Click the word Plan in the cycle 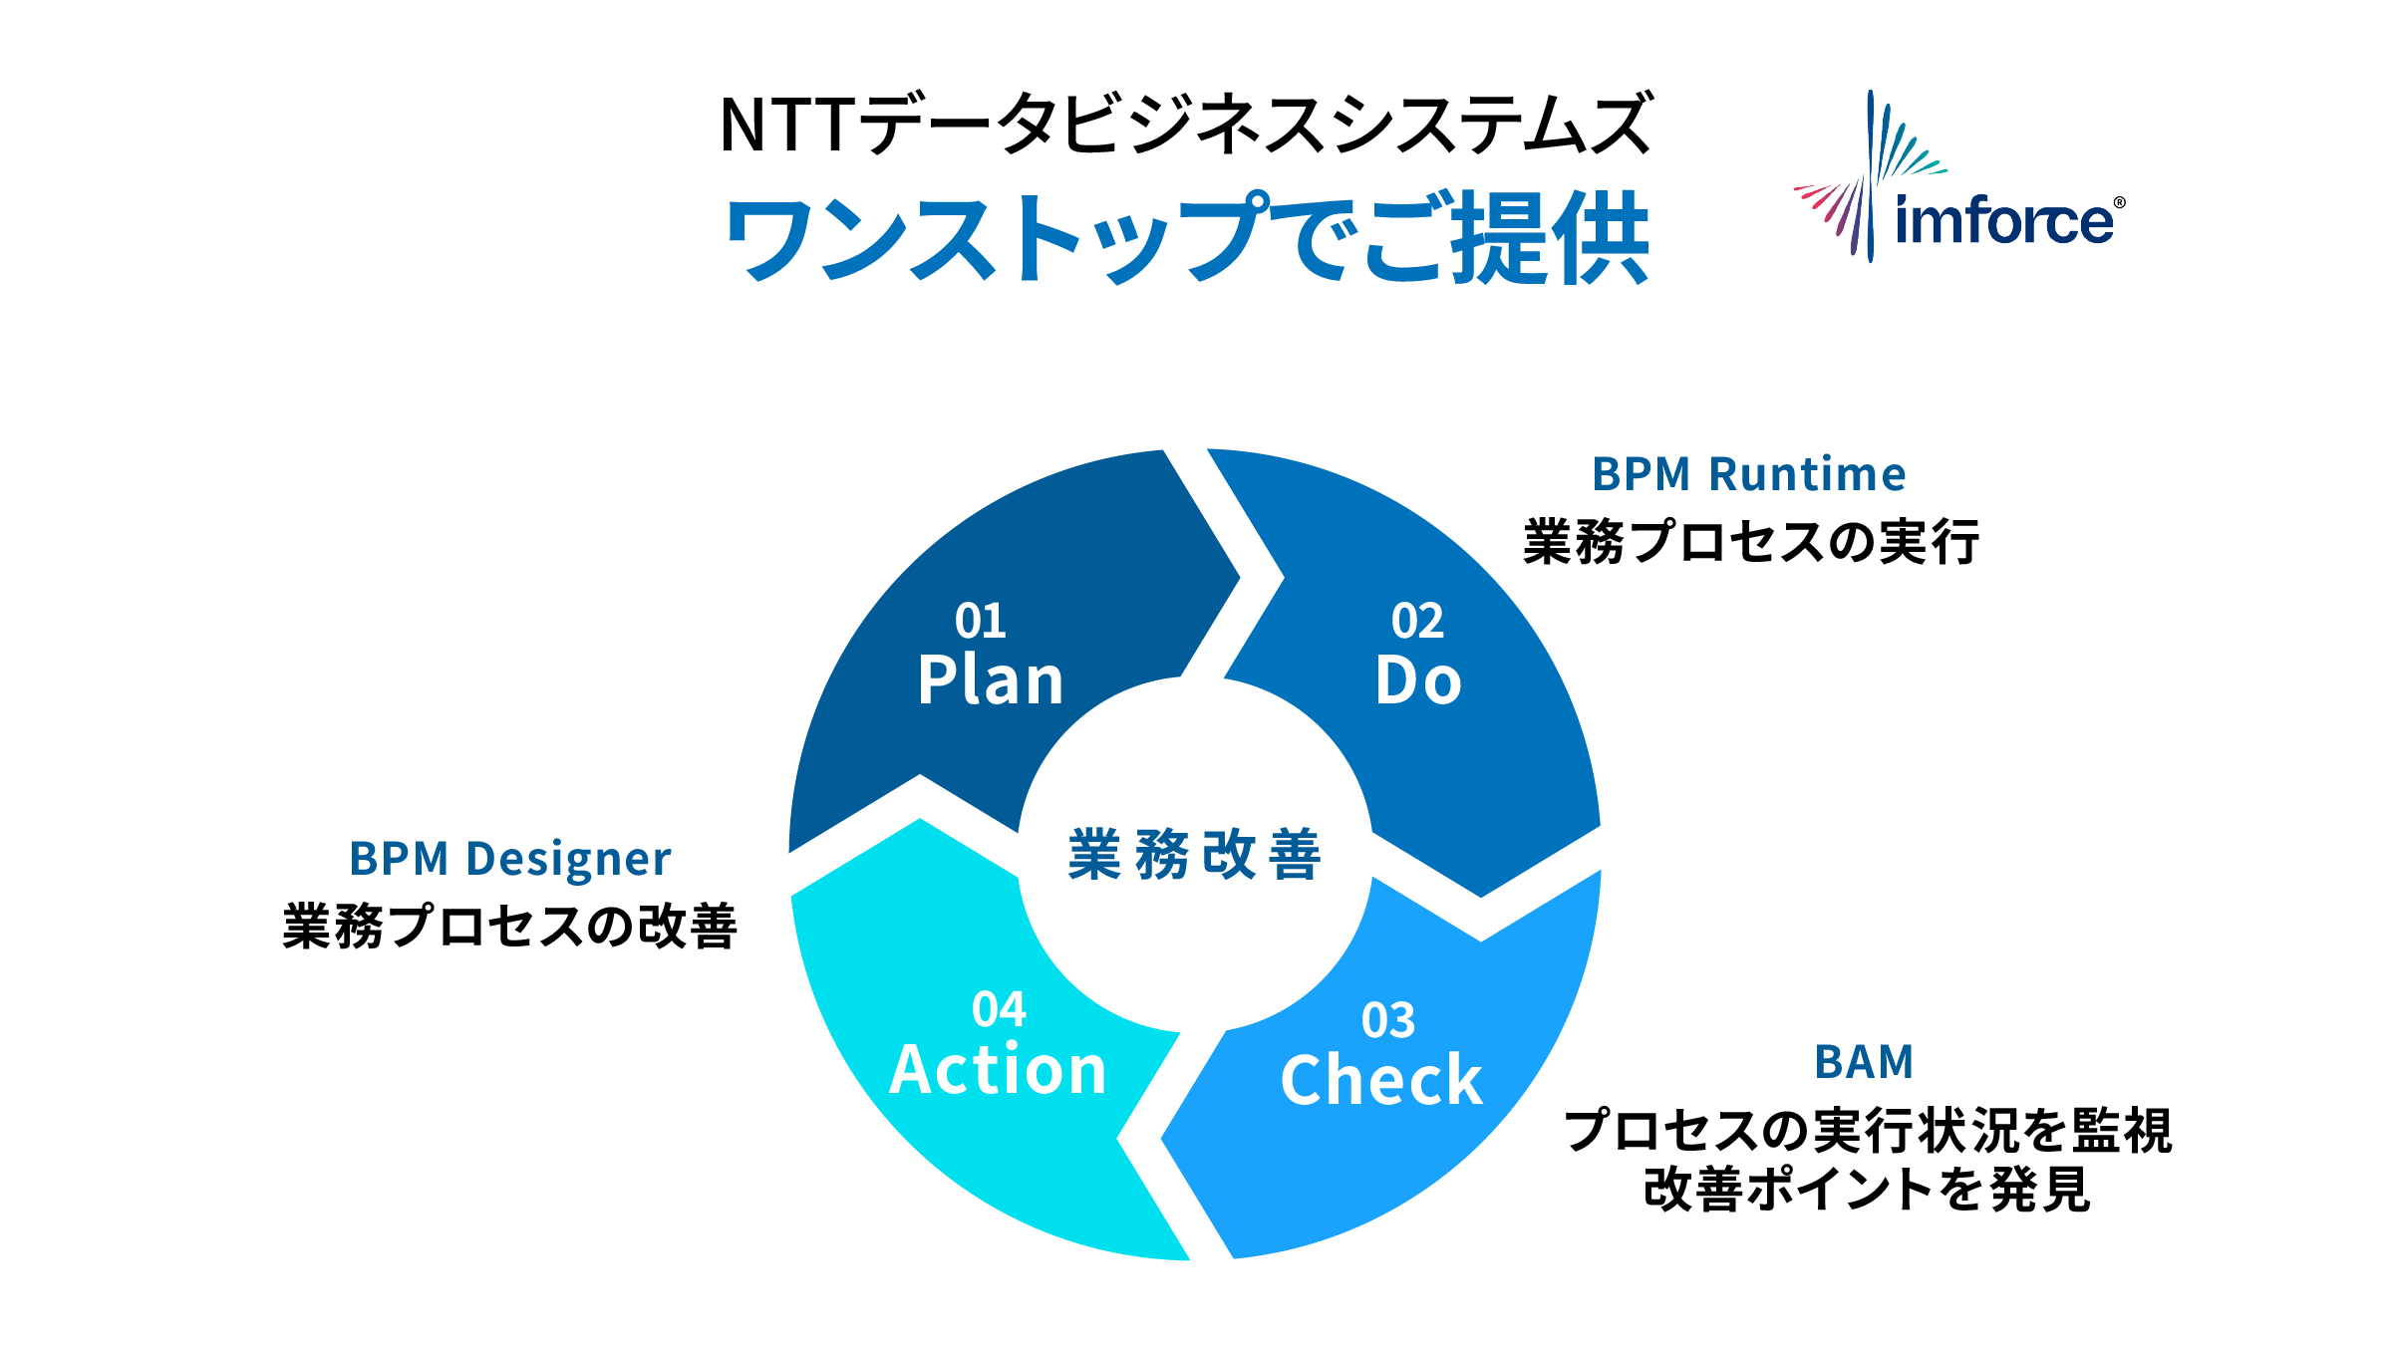coord(991,681)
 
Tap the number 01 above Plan coord(981,621)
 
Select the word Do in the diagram coord(1418,681)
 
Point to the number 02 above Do coord(1418,621)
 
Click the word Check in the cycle coord(1381,1081)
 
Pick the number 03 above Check coord(1388,1020)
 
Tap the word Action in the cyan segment coord(998,1070)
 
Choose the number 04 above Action coord(999,1009)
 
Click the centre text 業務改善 coord(1194,854)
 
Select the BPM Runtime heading coord(1749,474)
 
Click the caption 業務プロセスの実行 coord(1751,542)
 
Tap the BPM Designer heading coord(510,859)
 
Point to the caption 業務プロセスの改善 coord(509,927)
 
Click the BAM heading coord(1864,1062)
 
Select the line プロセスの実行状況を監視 coord(1868,1130)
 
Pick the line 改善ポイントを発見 coord(1867,1190)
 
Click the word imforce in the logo coord(2003,220)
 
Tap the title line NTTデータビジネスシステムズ coord(1186,125)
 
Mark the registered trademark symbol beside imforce coord(2119,203)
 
